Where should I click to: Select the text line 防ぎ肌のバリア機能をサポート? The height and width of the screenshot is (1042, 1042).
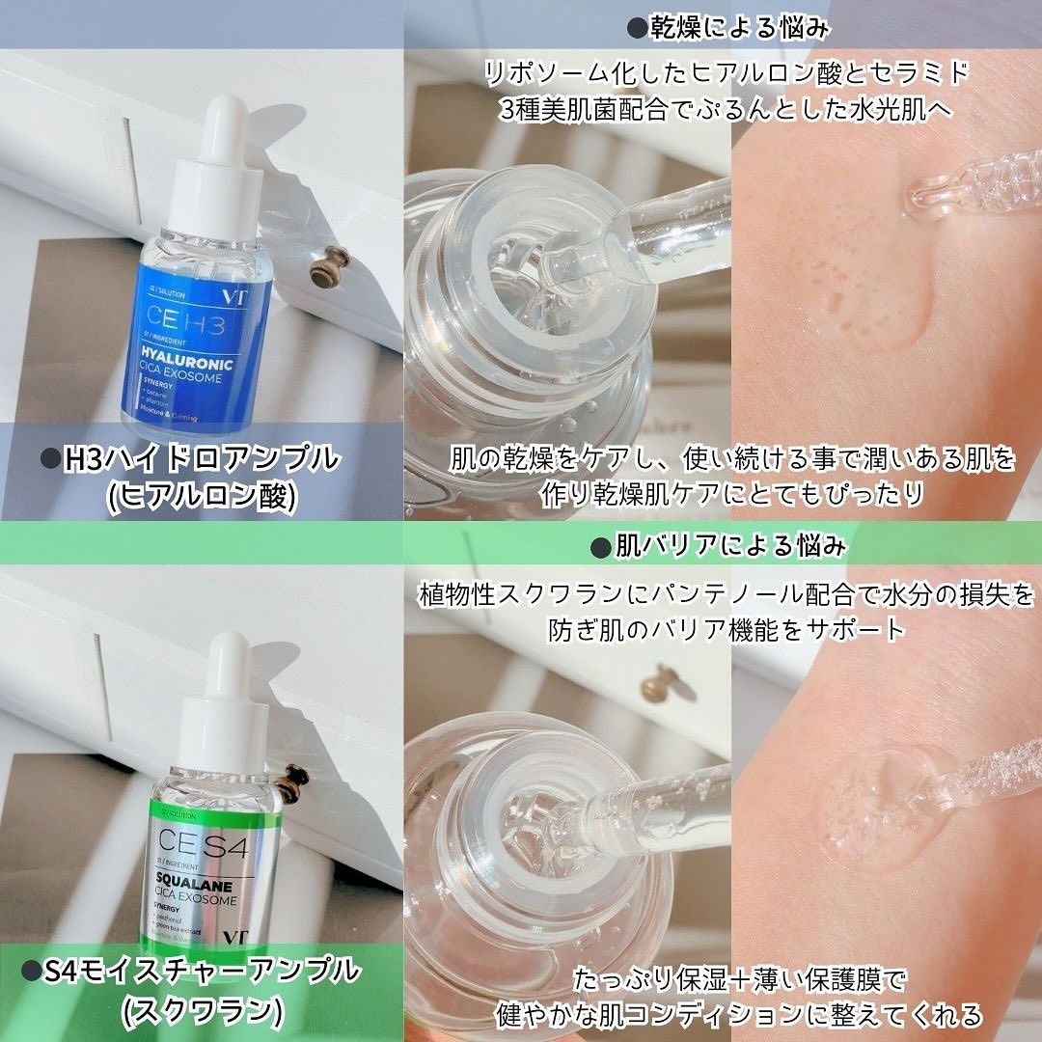pos(719,629)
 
